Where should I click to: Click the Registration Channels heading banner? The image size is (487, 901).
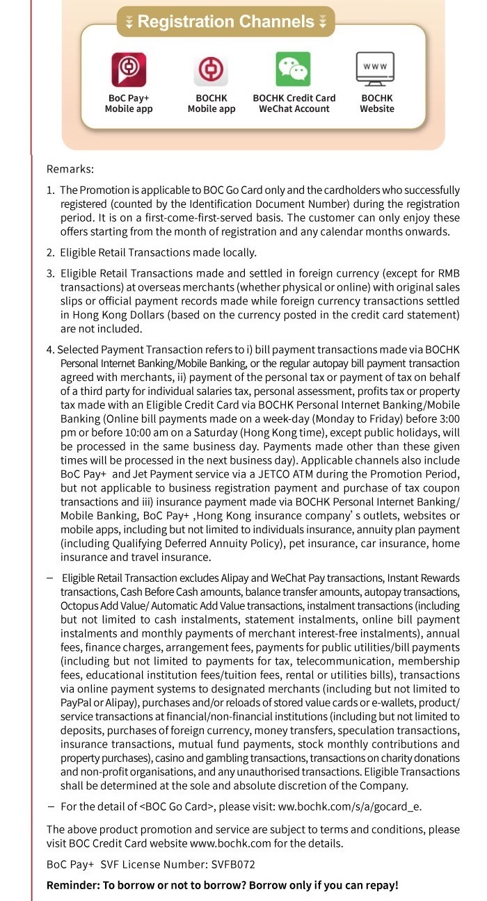[x=225, y=22]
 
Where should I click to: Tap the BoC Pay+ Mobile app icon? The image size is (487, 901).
[x=129, y=70]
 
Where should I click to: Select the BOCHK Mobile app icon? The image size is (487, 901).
[x=211, y=70]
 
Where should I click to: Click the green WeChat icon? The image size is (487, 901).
[x=294, y=69]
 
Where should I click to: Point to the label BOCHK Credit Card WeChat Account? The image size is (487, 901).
[x=294, y=104]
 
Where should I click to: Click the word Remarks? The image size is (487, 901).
[x=70, y=169]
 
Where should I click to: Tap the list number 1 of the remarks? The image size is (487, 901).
[x=50, y=190]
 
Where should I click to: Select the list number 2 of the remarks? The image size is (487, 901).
[x=50, y=252]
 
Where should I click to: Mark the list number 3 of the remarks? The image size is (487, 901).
[x=50, y=273]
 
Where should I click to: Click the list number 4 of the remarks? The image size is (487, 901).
[x=50, y=350]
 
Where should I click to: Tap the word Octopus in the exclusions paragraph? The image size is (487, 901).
[x=79, y=606]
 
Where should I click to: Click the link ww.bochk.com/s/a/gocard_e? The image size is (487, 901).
[x=350, y=806]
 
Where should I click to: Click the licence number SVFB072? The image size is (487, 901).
[x=234, y=865]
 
